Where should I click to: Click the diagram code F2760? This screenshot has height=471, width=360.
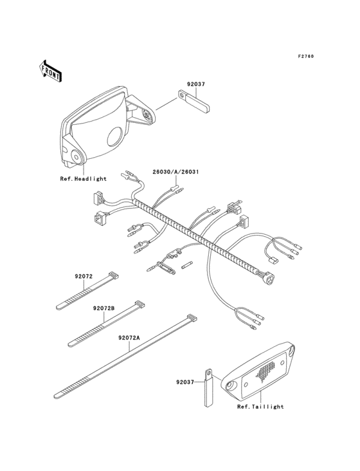coord(305,57)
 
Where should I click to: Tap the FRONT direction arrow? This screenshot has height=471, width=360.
coord(51,70)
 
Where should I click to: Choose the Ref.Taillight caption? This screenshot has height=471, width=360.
coord(260,407)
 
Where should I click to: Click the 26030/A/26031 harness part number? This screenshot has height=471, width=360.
coord(175,172)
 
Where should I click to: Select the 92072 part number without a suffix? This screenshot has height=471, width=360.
coord(84,277)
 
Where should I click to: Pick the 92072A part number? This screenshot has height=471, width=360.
coord(130,337)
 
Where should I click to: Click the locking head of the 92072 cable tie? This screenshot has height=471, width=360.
coord(114,276)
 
